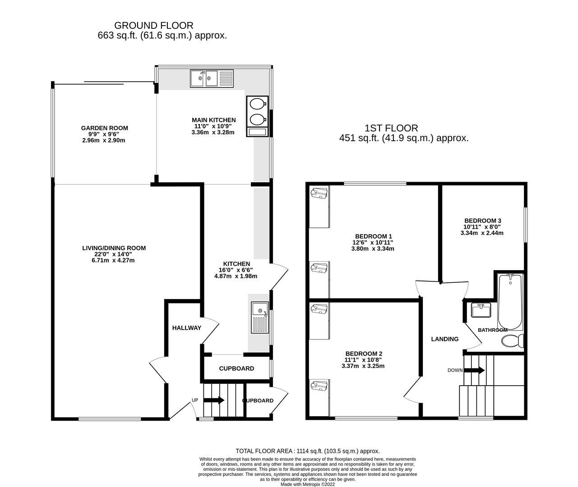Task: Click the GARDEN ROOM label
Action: point(104,128)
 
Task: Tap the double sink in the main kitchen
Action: point(211,78)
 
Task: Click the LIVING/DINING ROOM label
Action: point(114,248)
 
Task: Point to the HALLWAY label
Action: point(186,328)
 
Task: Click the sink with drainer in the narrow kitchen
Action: point(260,318)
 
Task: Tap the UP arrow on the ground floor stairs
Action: point(214,400)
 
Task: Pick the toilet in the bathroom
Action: point(513,341)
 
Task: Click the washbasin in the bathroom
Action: point(481,310)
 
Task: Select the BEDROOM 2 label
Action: point(364,354)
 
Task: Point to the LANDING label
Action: point(444,339)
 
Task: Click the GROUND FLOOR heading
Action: point(153,26)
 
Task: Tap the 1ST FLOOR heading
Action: point(391,128)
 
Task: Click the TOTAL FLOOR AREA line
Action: point(307,451)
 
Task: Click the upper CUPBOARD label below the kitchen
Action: point(236,368)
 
